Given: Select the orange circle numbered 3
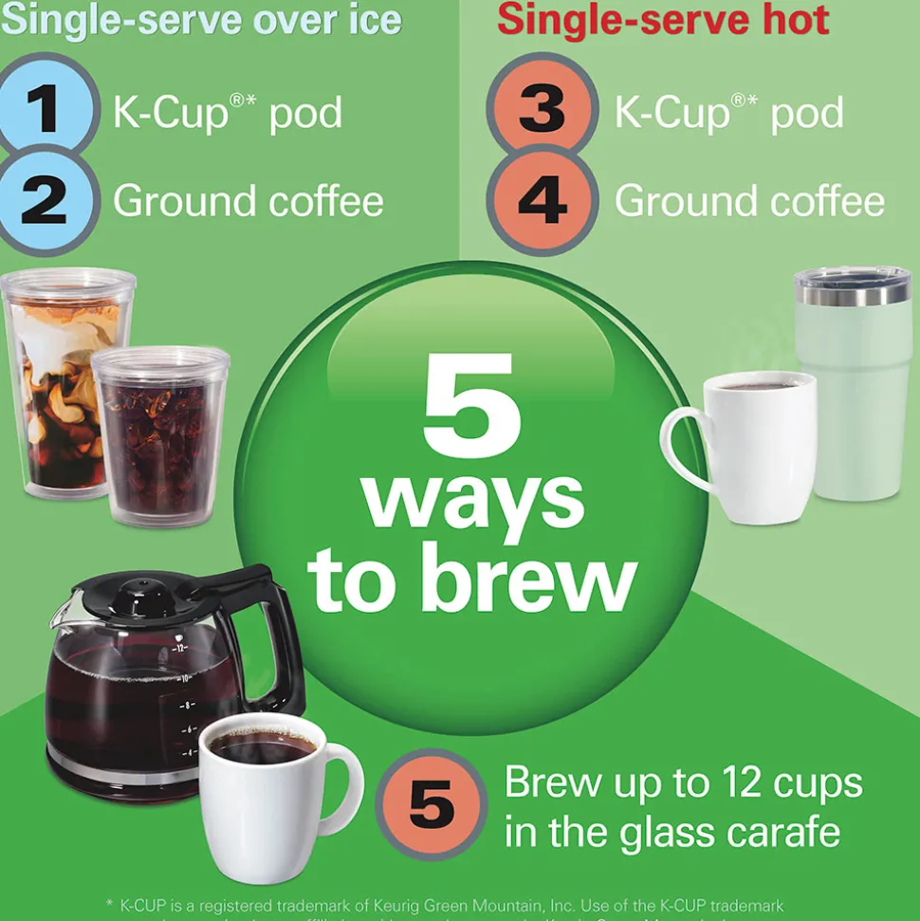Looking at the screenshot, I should (x=542, y=110).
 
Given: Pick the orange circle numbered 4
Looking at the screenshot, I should (x=542, y=201).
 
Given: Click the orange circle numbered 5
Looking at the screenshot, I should (x=432, y=805).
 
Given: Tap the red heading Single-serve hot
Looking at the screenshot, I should (x=663, y=19).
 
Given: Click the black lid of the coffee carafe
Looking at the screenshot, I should (x=142, y=598).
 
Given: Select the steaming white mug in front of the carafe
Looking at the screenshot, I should (x=270, y=797).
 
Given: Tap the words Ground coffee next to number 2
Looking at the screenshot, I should (x=248, y=201).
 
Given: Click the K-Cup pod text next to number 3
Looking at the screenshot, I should (x=728, y=113).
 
